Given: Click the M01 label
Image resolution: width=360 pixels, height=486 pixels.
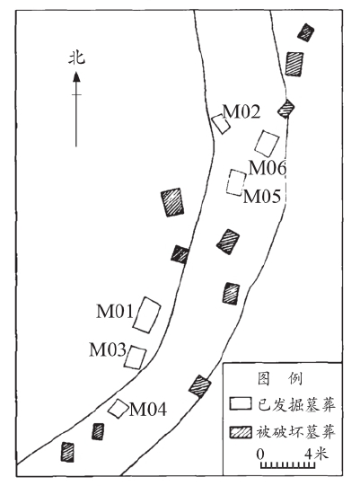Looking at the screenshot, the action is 115,311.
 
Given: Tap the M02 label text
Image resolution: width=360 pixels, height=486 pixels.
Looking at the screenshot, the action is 241,112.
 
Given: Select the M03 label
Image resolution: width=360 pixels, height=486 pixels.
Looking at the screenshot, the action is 108,349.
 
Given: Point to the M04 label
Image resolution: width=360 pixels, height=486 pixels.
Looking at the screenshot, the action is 148,409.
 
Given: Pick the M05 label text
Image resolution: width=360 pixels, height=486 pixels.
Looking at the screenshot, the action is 262,196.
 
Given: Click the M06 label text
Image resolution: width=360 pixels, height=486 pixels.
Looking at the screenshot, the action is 268,168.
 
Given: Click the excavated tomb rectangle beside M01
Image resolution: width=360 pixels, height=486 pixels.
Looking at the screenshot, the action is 147,314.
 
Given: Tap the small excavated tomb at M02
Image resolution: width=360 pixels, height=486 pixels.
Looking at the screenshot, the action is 221,124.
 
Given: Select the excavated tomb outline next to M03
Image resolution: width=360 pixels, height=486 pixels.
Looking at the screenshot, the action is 135,358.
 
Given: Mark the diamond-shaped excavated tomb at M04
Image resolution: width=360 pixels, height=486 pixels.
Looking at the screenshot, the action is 118,409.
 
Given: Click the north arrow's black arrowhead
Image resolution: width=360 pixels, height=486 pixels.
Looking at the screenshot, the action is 76,76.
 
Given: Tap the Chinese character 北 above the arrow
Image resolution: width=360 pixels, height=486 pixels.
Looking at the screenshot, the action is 76,58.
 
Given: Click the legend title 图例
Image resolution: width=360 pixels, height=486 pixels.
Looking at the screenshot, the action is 280,378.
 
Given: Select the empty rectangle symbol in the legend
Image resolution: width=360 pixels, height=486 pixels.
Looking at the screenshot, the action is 241,403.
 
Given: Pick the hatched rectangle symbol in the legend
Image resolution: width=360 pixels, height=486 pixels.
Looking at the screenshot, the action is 241,432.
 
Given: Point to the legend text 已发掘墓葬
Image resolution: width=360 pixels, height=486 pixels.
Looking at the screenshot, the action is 296,404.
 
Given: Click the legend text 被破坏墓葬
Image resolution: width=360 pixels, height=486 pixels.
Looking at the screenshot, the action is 296,432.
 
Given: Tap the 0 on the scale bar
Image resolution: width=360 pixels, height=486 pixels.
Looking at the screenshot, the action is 261,455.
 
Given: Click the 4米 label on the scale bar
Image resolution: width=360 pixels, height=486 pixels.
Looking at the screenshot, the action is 316,455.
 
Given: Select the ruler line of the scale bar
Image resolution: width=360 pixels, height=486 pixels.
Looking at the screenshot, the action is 288,466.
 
